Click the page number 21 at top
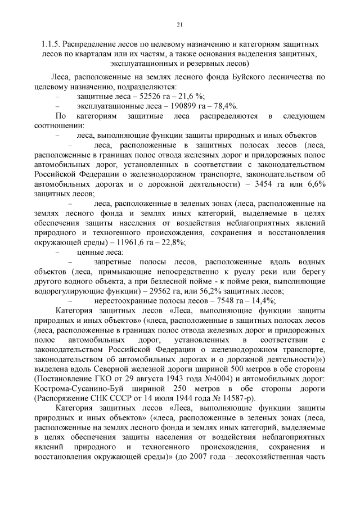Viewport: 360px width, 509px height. [x=179, y=24]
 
